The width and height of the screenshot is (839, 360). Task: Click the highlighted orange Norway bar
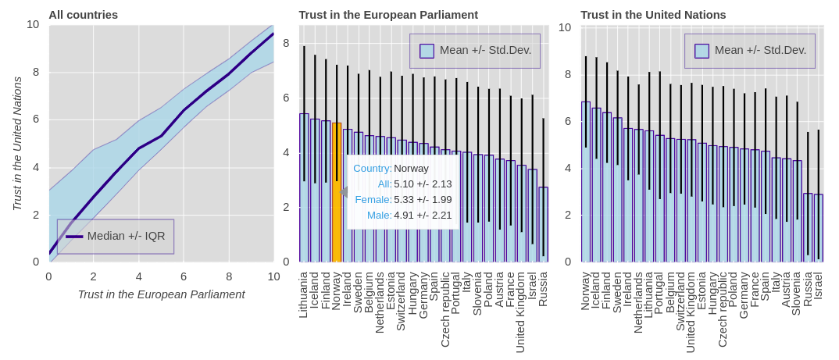[337, 195]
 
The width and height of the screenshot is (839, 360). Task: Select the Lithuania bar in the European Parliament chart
[304, 187]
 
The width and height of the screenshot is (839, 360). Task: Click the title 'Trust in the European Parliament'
[388, 15]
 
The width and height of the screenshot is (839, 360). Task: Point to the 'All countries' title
[83, 15]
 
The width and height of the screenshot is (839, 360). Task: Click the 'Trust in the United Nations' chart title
[653, 15]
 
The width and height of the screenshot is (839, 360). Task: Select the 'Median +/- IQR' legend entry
[126, 236]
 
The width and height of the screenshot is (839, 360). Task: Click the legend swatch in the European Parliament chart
[427, 51]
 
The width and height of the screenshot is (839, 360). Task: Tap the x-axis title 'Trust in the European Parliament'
[161, 294]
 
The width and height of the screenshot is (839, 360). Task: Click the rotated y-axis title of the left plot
[17, 144]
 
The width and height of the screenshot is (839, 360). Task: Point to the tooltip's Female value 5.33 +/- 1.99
[423, 199]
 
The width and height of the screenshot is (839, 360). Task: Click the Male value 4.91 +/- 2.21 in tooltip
[423, 215]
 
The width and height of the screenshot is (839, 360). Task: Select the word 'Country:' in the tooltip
[372, 168]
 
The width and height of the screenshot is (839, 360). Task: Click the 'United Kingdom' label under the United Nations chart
[691, 312]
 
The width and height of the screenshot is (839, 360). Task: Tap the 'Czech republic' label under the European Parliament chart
[445, 309]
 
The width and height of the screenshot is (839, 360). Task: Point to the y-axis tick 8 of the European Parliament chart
[286, 43]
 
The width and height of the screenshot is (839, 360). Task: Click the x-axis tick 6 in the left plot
[184, 276]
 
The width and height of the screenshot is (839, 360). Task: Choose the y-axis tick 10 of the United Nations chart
[565, 27]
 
